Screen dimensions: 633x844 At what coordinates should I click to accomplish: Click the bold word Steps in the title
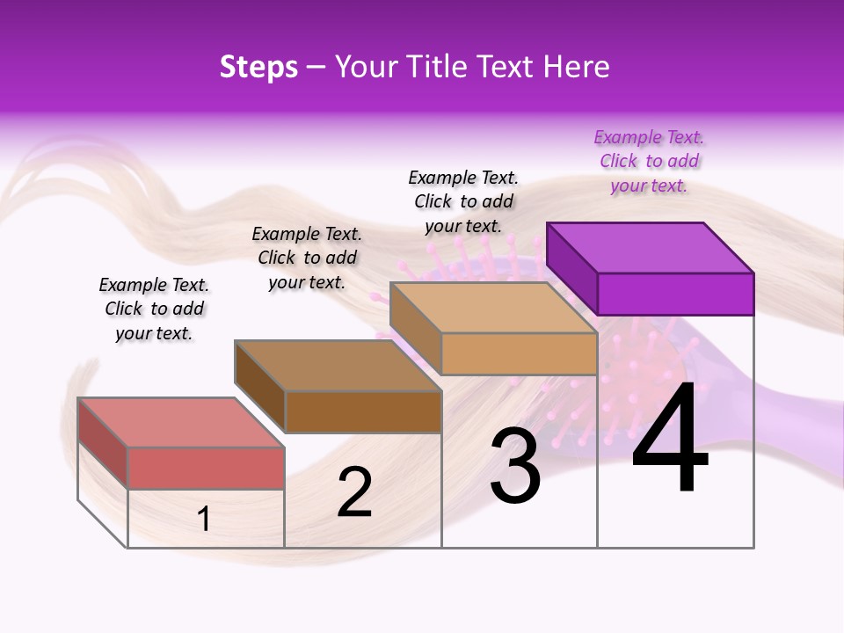click(258, 67)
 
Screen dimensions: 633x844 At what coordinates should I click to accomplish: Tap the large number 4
click(670, 439)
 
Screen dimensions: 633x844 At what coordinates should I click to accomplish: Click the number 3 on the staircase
click(514, 466)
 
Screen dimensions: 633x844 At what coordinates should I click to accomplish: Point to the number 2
click(354, 492)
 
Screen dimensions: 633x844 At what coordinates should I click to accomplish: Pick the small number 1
click(204, 519)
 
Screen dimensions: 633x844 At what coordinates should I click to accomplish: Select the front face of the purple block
click(675, 294)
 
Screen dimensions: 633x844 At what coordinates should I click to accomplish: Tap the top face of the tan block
click(492, 308)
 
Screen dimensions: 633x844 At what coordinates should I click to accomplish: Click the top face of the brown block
click(337, 366)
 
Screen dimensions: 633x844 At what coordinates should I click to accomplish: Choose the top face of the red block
click(180, 423)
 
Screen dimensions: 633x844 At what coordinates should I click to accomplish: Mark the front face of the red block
click(206, 468)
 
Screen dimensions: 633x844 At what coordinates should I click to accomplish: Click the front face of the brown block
click(363, 411)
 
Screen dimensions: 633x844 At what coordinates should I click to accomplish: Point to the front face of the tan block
click(519, 353)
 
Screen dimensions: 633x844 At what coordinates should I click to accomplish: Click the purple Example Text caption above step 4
click(649, 162)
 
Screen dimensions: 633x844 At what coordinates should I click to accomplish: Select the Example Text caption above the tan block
click(463, 201)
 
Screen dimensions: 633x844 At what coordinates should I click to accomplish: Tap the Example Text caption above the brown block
click(307, 258)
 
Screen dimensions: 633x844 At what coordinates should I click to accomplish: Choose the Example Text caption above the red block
click(154, 309)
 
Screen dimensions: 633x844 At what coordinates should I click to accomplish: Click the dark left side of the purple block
click(571, 267)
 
